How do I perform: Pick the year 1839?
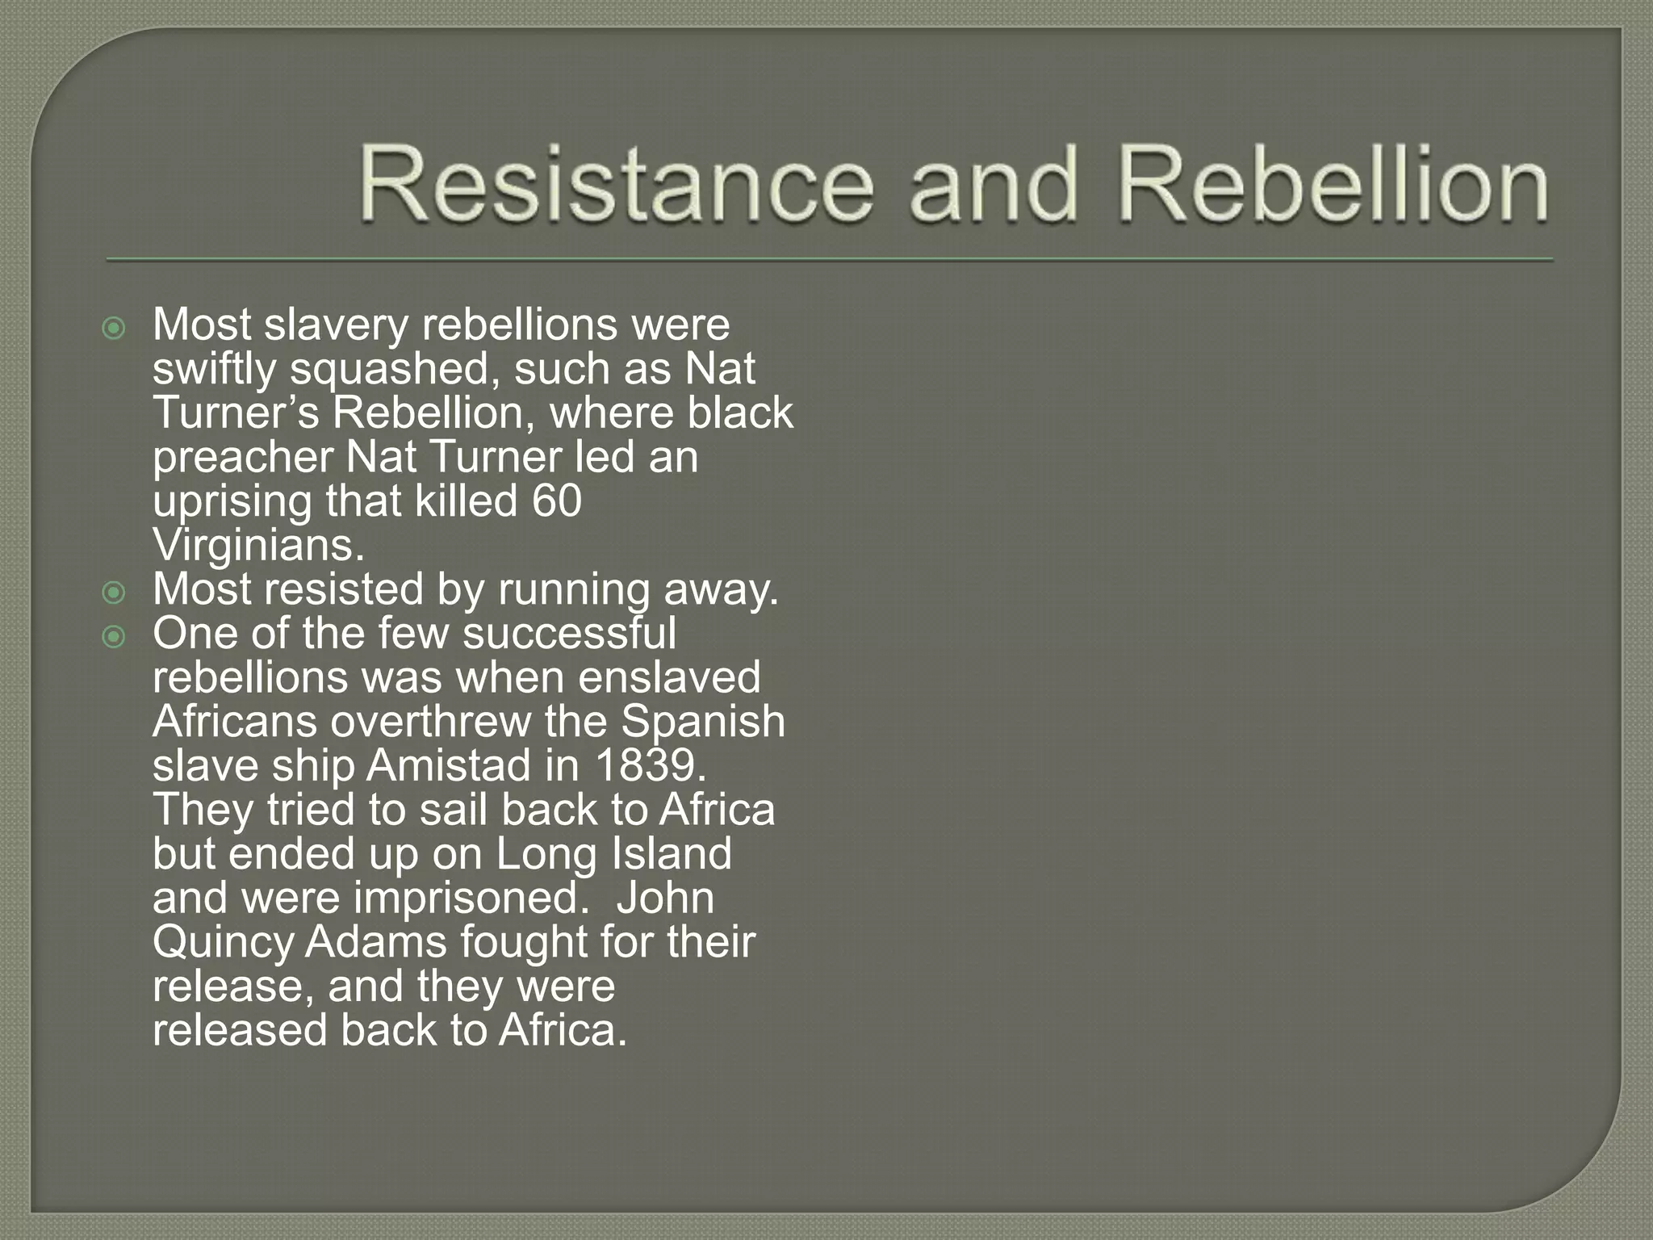tap(650, 765)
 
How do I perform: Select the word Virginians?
tap(258, 545)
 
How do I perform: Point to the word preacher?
tap(243, 457)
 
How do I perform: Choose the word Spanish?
tap(702, 721)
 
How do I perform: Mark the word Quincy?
tap(221, 942)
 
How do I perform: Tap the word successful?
tap(569, 633)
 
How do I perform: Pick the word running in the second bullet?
tap(574, 591)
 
